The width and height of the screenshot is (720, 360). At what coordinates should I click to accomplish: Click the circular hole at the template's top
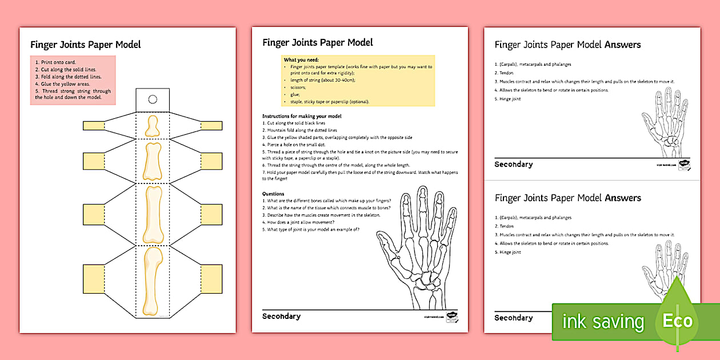click(x=153, y=99)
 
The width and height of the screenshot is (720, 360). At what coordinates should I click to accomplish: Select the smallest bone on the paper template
click(x=153, y=126)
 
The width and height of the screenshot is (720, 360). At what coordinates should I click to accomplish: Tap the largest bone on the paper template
click(x=152, y=281)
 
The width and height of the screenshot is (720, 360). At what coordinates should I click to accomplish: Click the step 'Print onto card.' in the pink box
click(x=55, y=62)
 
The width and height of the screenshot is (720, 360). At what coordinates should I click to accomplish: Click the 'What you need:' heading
click(x=301, y=60)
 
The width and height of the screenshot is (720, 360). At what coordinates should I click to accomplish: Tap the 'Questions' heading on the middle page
click(x=273, y=194)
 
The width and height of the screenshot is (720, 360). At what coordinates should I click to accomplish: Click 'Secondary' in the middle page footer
click(x=281, y=316)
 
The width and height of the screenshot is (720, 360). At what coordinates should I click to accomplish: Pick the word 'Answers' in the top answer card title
click(x=623, y=45)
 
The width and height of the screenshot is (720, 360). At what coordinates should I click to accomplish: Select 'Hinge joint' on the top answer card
click(x=510, y=99)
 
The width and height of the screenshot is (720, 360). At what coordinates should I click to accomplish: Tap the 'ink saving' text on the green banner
click(x=603, y=322)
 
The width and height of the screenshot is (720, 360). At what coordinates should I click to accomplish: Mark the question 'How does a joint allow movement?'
click(x=305, y=223)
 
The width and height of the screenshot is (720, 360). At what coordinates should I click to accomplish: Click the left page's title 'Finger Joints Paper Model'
click(x=85, y=45)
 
